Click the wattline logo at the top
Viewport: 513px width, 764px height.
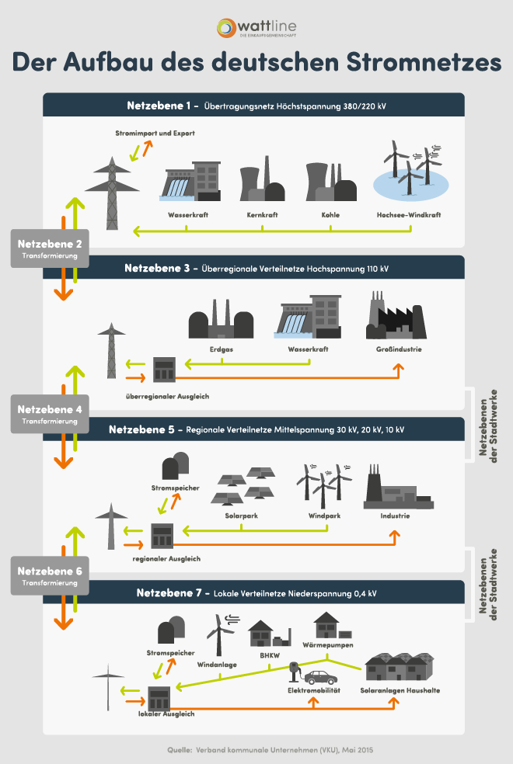point(256,28)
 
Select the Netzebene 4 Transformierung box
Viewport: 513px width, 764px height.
point(50,413)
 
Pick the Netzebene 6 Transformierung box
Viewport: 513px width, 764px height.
point(50,576)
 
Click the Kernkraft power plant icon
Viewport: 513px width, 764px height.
point(261,185)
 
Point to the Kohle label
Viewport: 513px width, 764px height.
point(330,214)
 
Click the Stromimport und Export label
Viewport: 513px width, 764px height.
point(154,134)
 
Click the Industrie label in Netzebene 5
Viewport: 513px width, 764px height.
point(396,516)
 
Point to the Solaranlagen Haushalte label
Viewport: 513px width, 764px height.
point(400,690)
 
